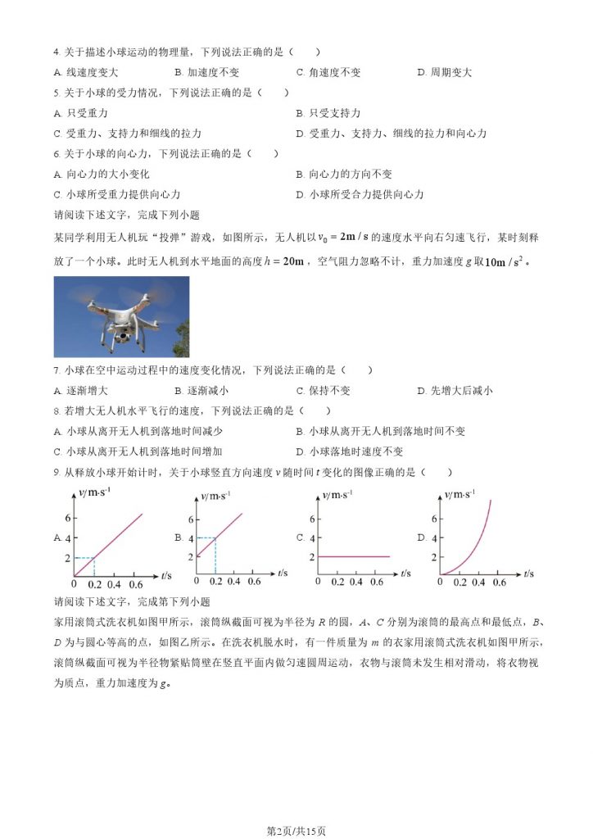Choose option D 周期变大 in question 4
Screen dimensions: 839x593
(x=445, y=72)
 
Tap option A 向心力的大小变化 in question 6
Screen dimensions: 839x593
(x=102, y=175)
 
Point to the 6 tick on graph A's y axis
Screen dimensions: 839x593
(x=68, y=519)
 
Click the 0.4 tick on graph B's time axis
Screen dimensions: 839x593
(x=234, y=582)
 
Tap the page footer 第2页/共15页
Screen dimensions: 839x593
(x=296, y=831)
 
